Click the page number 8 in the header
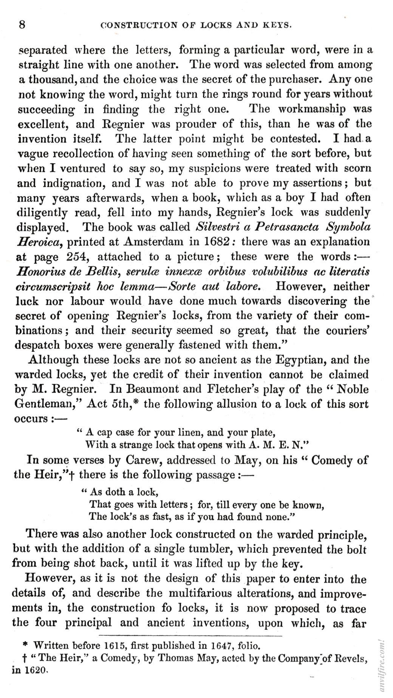[x=22, y=25]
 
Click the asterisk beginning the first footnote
[x=25, y=645]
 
